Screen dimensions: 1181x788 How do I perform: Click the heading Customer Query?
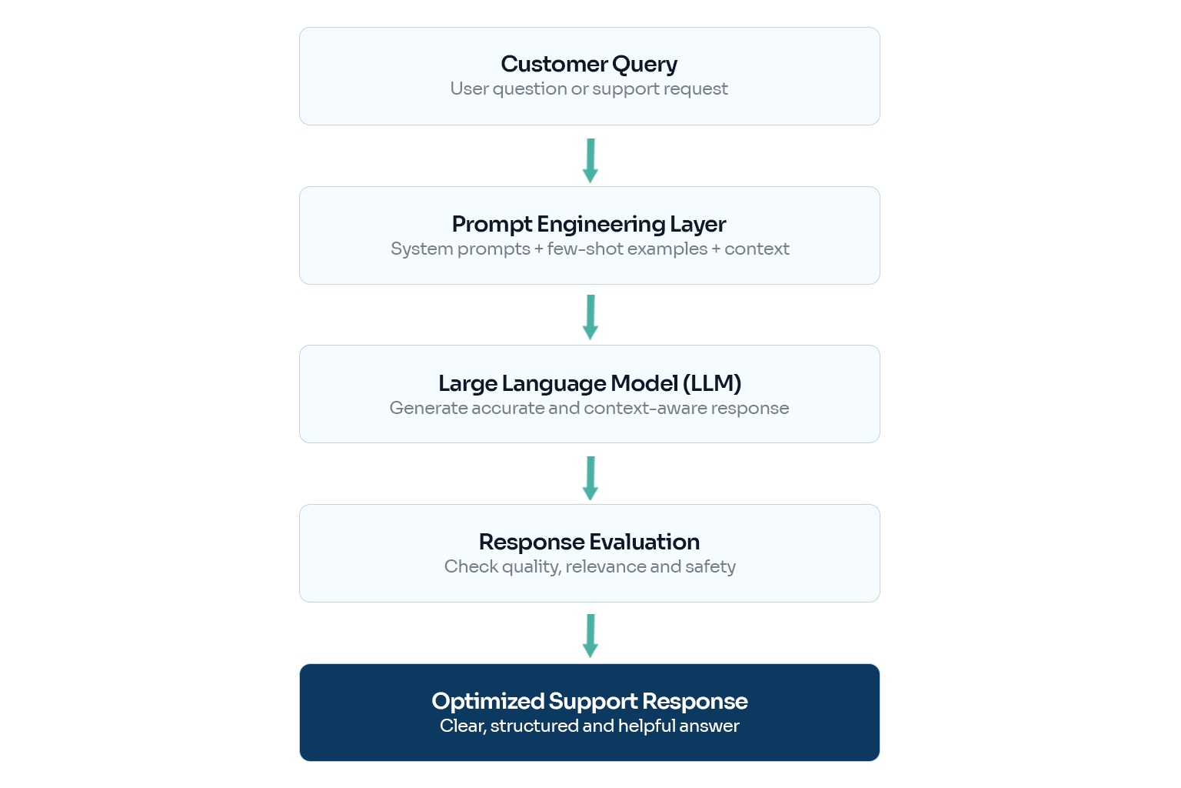point(589,65)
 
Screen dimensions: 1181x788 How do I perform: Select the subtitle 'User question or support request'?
point(589,88)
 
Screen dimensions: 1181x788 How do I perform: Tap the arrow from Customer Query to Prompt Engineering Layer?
point(590,161)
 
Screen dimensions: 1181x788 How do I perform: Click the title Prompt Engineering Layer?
point(589,224)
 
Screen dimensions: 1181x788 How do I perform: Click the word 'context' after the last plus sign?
point(757,249)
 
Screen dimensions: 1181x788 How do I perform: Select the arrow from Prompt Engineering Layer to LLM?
point(590,317)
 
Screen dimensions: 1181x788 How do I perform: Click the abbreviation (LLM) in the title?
point(712,383)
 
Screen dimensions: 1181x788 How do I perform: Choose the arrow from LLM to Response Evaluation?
point(590,478)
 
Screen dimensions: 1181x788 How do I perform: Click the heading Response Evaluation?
point(590,542)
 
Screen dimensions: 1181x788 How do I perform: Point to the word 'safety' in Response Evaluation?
point(710,567)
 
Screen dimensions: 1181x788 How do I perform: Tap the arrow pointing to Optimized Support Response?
point(590,636)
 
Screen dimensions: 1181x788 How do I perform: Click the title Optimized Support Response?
point(590,702)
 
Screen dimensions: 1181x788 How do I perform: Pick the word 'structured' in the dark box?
point(534,726)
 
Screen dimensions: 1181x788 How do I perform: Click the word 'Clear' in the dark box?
point(462,726)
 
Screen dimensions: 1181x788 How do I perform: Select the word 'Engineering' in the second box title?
point(600,225)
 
